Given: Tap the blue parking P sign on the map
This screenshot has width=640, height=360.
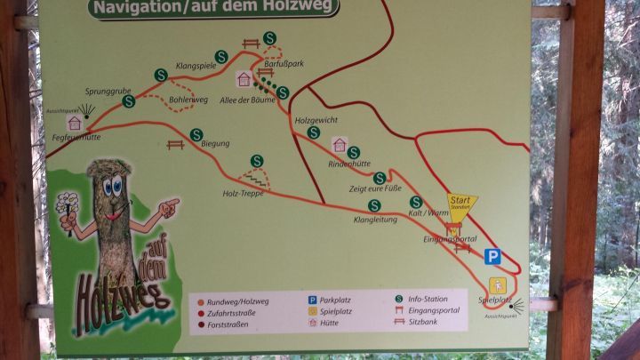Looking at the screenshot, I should click(492, 257).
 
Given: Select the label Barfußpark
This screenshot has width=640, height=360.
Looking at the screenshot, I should click(284, 64).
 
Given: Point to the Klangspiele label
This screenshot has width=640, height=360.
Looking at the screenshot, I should click(197, 66).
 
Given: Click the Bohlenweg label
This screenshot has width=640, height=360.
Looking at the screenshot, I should click(188, 100).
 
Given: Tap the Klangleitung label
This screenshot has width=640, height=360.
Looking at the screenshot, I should click(375, 219).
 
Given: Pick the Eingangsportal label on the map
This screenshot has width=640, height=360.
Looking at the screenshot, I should click(450, 239).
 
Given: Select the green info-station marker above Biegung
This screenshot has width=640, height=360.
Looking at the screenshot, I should click(196, 135).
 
